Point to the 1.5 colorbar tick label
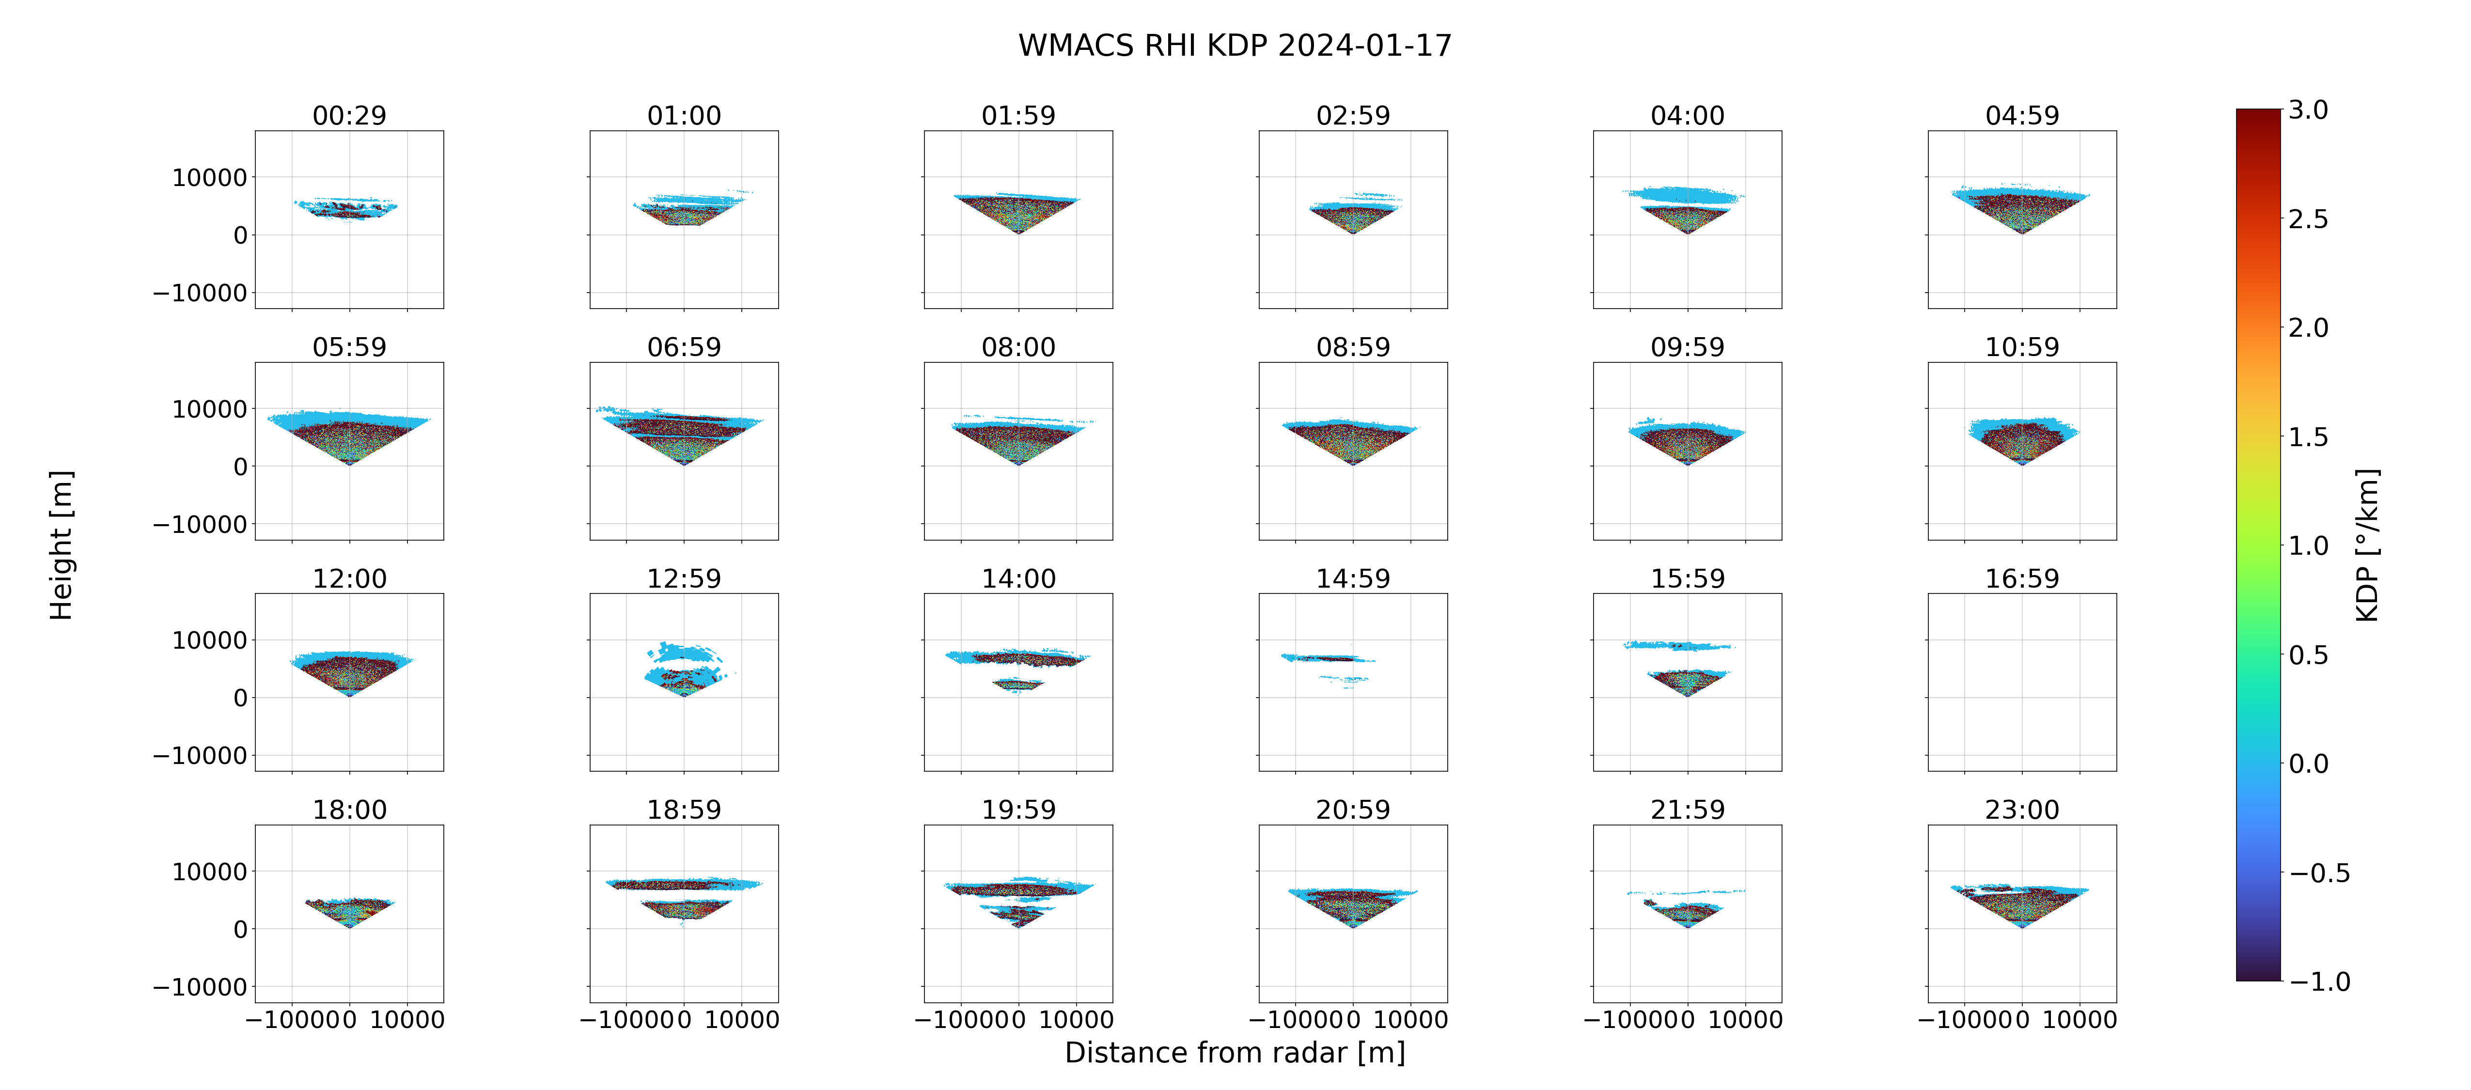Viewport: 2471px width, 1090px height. click(2308, 436)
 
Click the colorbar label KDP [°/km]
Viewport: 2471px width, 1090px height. click(2367, 545)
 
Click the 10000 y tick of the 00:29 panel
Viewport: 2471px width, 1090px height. click(209, 177)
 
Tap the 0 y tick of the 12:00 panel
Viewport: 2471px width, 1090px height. click(240, 698)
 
